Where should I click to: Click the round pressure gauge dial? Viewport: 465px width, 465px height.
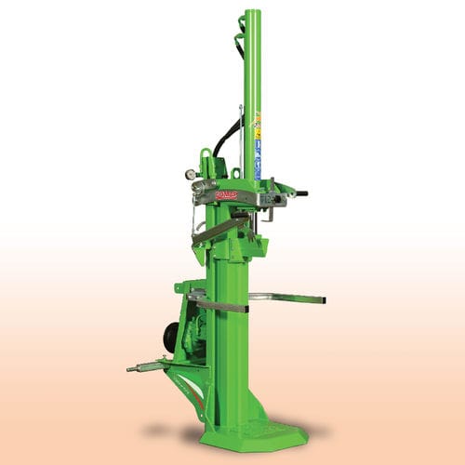(x=190, y=173)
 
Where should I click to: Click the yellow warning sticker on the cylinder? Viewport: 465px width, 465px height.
(x=257, y=121)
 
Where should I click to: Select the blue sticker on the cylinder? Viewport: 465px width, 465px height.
(x=257, y=150)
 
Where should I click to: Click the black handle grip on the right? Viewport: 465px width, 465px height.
(x=300, y=193)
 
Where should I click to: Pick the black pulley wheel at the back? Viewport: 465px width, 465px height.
(x=171, y=338)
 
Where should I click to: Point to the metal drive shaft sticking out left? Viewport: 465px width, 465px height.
(x=141, y=368)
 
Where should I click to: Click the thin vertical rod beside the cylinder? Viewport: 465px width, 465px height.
(x=240, y=139)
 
